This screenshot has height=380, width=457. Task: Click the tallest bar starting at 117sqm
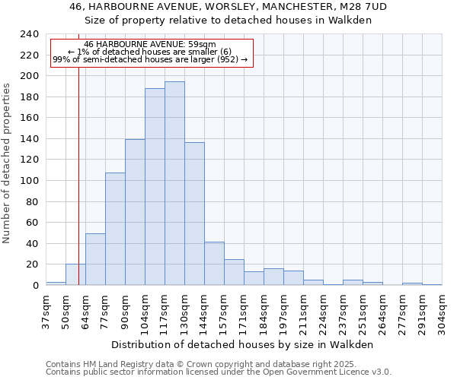coord(174,183)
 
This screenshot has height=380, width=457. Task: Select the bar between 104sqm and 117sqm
coord(155,187)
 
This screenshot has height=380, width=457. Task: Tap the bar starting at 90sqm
coord(135,212)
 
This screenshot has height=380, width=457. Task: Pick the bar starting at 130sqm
coord(194,214)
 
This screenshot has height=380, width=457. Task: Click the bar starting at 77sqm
coord(115,229)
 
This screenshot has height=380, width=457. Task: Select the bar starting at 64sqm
coord(95,259)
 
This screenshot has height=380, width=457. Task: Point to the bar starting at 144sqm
coord(214,263)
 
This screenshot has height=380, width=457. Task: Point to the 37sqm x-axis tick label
coord(46,312)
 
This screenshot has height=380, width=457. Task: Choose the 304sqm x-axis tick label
coord(442,312)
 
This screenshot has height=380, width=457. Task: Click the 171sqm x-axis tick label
coord(244,312)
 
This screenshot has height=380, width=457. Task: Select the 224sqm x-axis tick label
coord(323,312)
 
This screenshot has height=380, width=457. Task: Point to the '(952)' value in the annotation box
coord(227,59)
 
